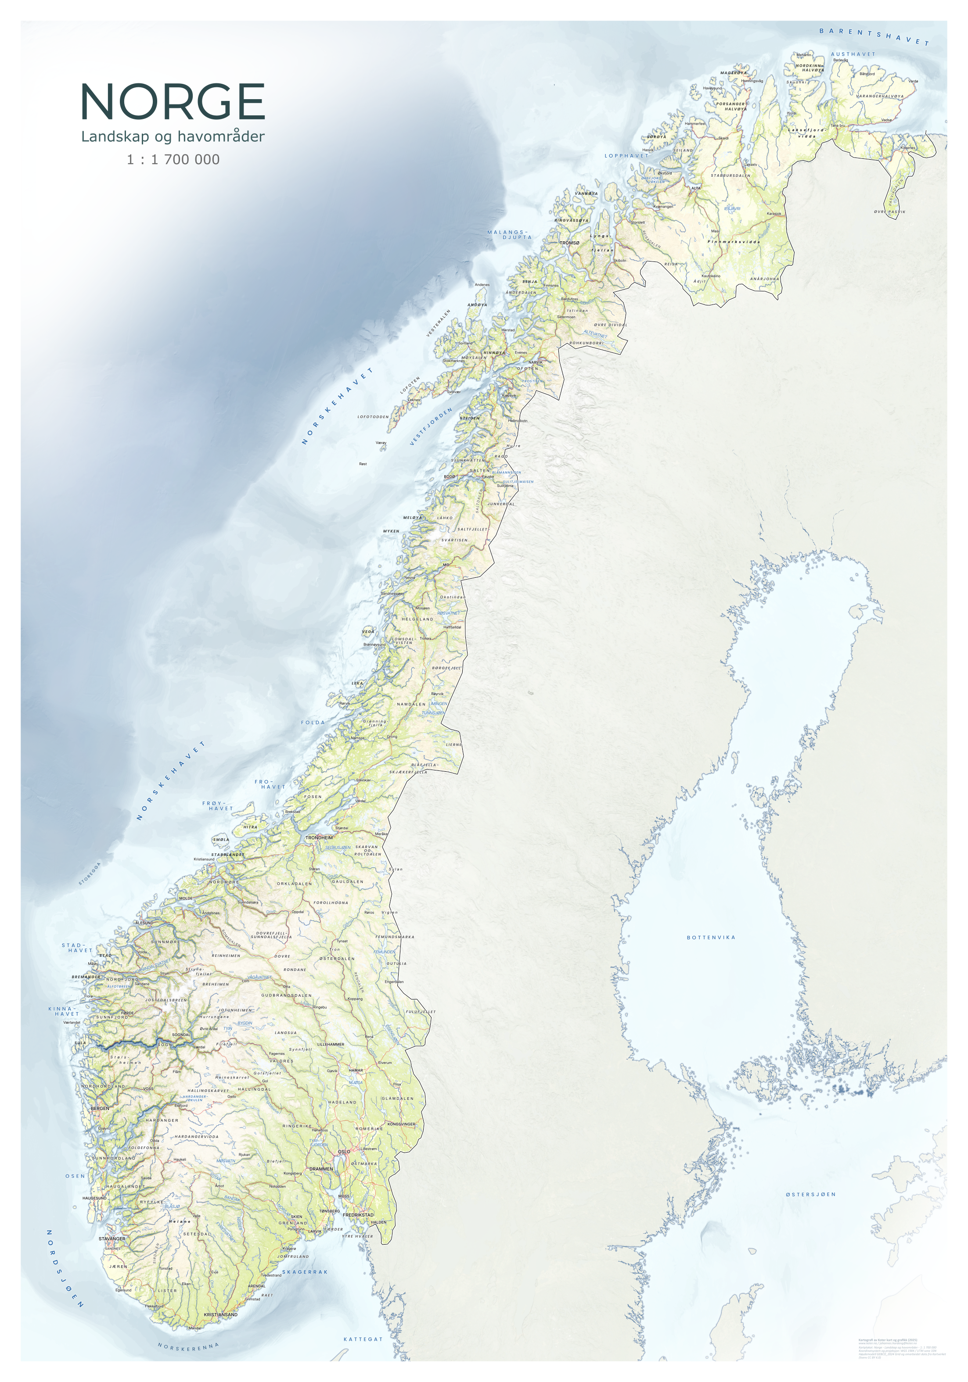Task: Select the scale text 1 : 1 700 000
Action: [173, 160]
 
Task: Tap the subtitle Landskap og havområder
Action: [173, 136]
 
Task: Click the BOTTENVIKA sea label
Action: [711, 937]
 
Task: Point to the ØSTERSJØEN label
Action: [810, 1194]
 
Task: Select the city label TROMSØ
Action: [569, 243]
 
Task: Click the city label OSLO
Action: [343, 1152]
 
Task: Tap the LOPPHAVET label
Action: [626, 155]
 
